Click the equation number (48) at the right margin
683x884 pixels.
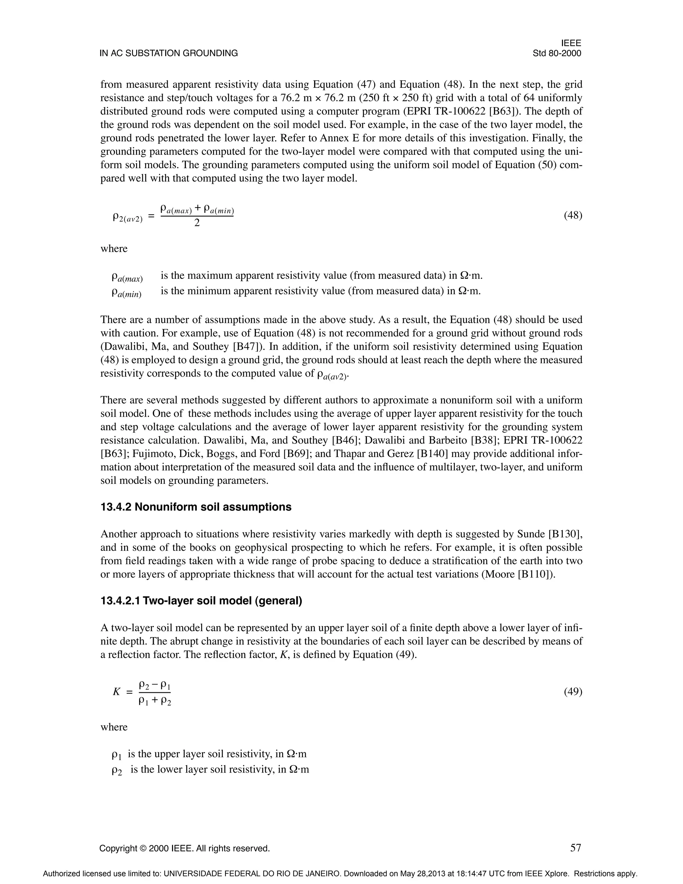tap(573, 215)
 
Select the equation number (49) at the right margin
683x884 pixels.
tap(573, 692)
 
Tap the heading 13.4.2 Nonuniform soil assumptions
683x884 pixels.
tap(196, 507)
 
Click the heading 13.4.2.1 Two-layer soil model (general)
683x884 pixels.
tap(201, 601)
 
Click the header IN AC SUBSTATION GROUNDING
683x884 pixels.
tap(169, 53)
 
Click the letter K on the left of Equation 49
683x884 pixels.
tap(116, 692)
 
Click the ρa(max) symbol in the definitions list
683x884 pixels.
tap(127, 278)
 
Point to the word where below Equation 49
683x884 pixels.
tap(114, 727)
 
